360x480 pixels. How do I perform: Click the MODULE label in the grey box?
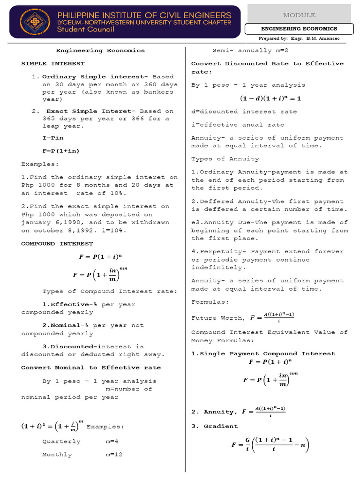tap(299, 15)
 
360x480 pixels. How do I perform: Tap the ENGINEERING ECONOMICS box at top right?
tap(299, 29)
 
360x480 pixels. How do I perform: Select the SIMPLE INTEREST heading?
tap(53, 63)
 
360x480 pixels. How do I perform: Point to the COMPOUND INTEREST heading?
tap(57, 244)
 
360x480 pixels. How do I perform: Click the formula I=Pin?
tap(53, 138)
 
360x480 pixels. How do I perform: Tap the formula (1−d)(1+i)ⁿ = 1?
tap(270, 98)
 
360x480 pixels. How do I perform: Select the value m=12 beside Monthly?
tap(117, 455)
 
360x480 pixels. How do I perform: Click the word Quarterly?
tap(61, 442)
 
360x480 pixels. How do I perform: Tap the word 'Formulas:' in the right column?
tap(210, 302)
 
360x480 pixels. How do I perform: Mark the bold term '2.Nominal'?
tap(60, 325)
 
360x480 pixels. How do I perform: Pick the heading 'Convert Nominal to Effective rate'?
tap(91, 367)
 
